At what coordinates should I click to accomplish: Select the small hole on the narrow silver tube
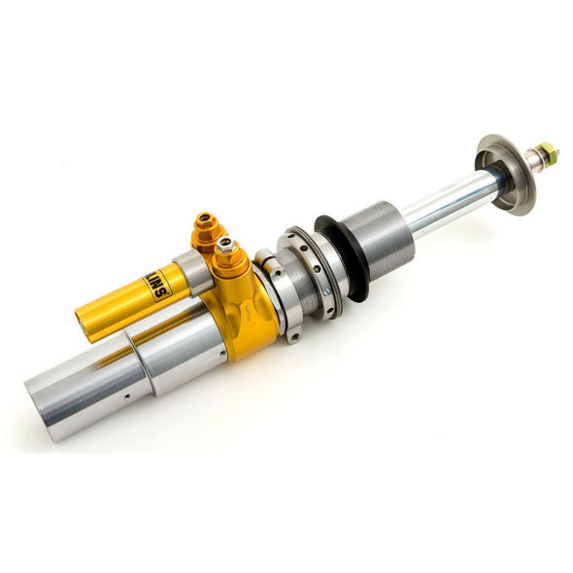pos(126,395)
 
